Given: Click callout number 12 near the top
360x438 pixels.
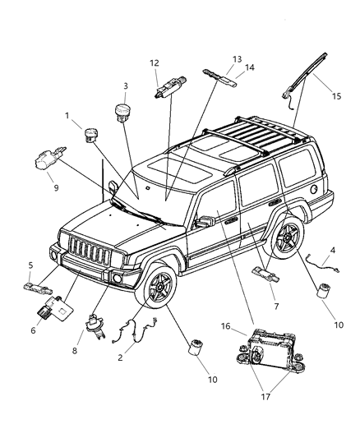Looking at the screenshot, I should click(154, 63).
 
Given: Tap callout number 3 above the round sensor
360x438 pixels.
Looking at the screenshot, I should click(125, 85).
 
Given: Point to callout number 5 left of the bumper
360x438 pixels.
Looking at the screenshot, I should click(30, 265).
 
